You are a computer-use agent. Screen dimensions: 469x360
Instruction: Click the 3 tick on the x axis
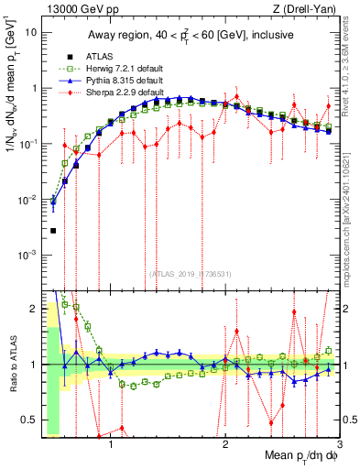point(339,446)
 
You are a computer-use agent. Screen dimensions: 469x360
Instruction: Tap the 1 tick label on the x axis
point(111,446)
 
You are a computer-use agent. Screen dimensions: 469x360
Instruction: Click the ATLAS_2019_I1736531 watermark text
point(190,275)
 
